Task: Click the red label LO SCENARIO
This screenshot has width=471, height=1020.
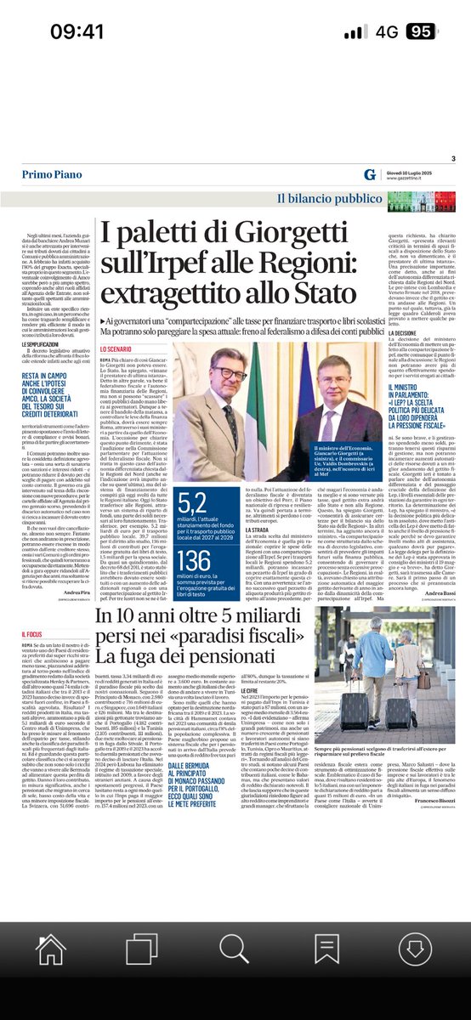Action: (119, 349)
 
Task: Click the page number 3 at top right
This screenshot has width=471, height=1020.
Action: (453, 159)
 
